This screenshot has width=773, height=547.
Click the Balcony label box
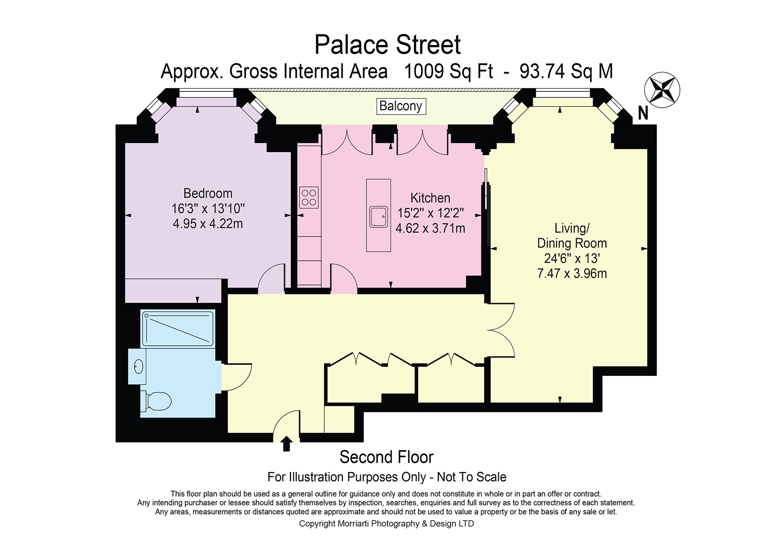pyautogui.click(x=401, y=106)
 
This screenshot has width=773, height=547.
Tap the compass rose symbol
pyautogui.click(x=662, y=90)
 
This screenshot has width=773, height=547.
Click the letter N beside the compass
pyautogui.click(x=643, y=114)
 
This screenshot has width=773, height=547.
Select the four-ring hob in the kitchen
pyautogui.click(x=309, y=197)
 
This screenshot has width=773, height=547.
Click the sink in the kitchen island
pyautogui.click(x=379, y=217)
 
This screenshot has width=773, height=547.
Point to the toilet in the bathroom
pyautogui.click(x=156, y=401)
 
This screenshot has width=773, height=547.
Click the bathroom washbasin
pyautogui.click(x=138, y=366)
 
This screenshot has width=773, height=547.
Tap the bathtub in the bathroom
pyautogui.click(x=178, y=328)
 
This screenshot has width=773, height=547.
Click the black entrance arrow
pyautogui.click(x=287, y=444)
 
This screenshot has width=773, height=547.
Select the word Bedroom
pyautogui.click(x=208, y=194)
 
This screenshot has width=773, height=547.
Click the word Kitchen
pyautogui.click(x=430, y=198)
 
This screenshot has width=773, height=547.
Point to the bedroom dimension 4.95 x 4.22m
pyautogui.click(x=208, y=224)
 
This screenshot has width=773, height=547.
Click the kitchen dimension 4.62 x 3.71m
pyautogui.click(x=430, y=229)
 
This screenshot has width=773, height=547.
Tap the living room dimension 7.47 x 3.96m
pyautogui.click(x=572, y=273)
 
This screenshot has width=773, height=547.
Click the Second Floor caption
pyautogui.click(x=387, y=457)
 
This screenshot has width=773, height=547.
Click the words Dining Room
pyautogui.click(x=572, y=244)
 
